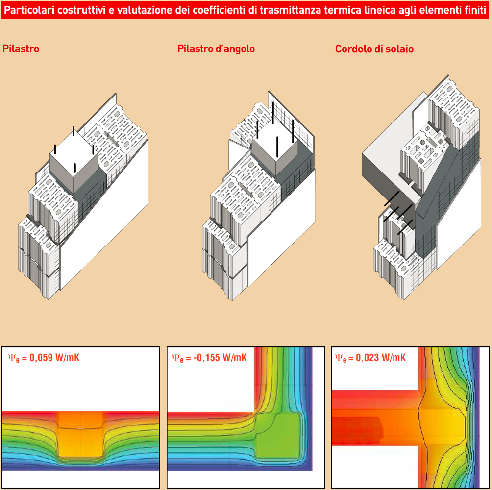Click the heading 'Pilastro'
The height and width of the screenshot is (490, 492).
[x=21, y=49]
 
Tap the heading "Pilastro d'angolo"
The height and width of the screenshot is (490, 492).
[x=216, y=49]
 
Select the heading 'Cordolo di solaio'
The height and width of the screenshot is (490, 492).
[x=374, y=49]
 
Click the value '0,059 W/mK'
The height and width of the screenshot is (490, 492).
[x=54, y=358]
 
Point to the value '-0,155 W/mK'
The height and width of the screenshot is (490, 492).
[x=220, y=358]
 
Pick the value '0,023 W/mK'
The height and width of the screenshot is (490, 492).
[x=381, y=358]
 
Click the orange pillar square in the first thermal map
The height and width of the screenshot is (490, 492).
[x=81, y=435]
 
